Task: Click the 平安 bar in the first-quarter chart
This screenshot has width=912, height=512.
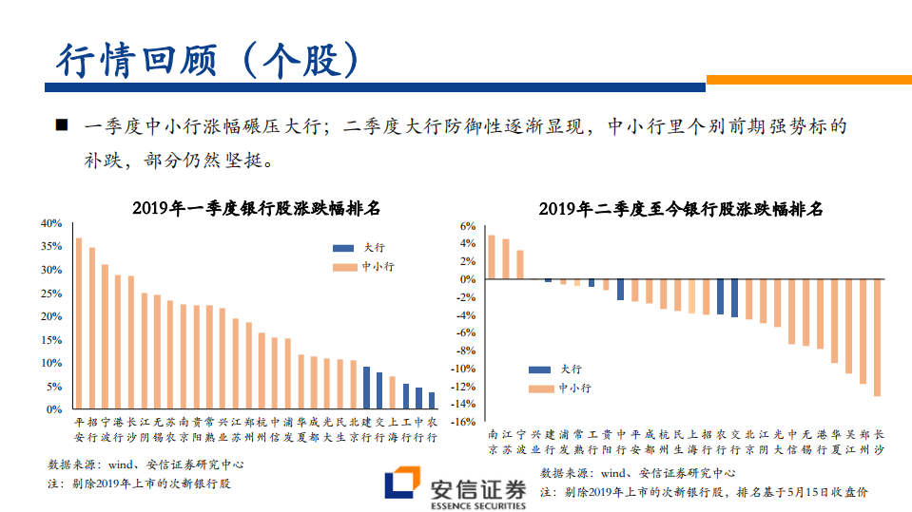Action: pos(79,323)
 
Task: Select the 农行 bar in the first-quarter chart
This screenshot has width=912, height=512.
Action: pos(431,401)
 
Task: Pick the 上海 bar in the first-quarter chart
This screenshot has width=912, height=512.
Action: pos(392,392)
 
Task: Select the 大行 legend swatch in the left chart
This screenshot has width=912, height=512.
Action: pos(343,248)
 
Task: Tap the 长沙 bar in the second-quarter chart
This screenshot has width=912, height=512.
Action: pos(877,337)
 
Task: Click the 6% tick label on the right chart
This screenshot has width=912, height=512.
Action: pos(466,226)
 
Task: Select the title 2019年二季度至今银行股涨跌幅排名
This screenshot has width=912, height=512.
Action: pos(680,208)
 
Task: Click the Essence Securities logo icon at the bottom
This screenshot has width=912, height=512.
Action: pos(399,485)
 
